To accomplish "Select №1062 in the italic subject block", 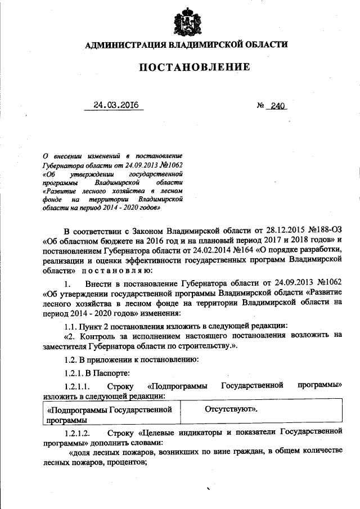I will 172,164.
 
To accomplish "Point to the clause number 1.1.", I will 72,326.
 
